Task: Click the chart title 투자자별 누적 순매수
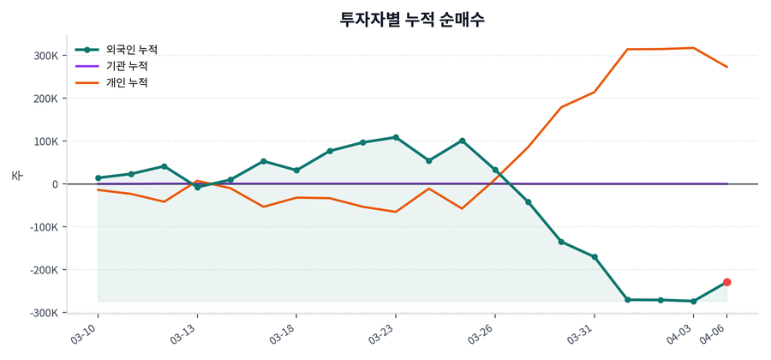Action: click(x=413, y=19)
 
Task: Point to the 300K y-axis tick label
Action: click(x=45, y=56)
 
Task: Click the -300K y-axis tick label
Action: click(x=44, y=313)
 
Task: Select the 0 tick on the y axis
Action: click(x=55, y=184)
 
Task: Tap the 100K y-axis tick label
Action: click(x=45, y=141)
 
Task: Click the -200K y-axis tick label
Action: click(x=44, y=270)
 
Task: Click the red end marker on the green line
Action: click(x=726, y=282)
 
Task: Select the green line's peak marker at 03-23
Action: click(x=396, y=137)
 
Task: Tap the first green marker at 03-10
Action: click(x=99, y=178)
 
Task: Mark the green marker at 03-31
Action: click(x=595, y=257)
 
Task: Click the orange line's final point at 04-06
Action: click(x=726, y=67)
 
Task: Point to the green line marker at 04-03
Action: click(x=694, y=302)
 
